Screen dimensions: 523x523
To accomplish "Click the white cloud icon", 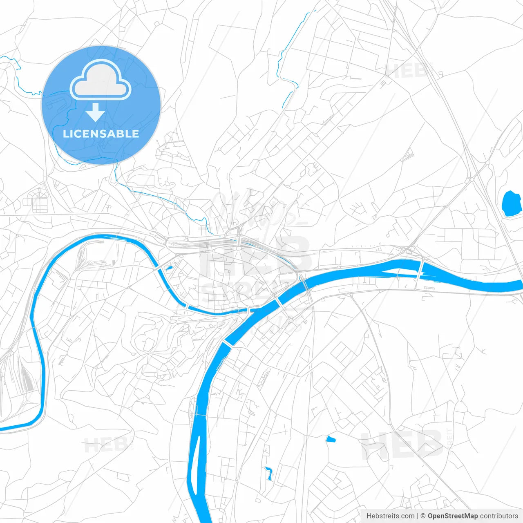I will pos(101,80).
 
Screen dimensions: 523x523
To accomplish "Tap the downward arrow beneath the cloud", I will pos(95,112).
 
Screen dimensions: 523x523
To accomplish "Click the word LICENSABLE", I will pos(101,134).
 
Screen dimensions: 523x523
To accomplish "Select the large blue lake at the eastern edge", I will pos(509,203).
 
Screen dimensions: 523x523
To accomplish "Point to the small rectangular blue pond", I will pos(331,440).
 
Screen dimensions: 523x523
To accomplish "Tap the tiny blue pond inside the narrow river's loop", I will pos(168,268).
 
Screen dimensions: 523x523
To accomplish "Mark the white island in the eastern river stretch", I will pos(398,272).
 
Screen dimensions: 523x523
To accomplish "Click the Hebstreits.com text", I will pos(391,516).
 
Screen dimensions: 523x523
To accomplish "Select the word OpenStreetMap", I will pos(453,516).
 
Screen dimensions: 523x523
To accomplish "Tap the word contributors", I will pos(499,516).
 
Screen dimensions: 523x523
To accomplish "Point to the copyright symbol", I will pos(423,516).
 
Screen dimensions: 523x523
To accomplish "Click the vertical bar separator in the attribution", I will pos(418,516).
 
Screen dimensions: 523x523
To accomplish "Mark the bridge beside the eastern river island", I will pos(420,270).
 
